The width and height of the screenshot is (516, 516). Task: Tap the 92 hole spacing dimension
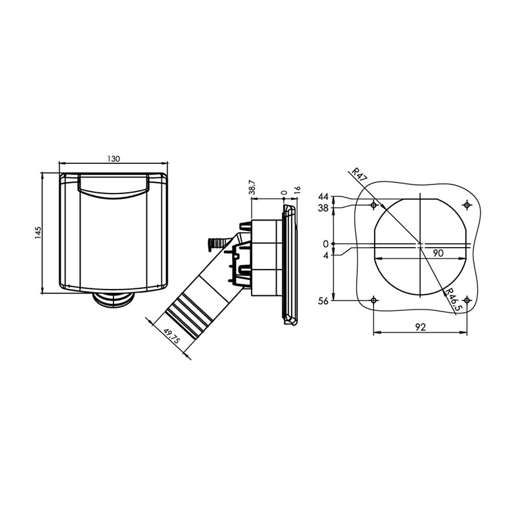pyautogui.click(x=420, y=327)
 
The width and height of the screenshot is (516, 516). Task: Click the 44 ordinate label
pyautogui.click(x=324, y=197)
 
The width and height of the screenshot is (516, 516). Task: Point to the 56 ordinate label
pyautogui.click(x=324, y=301)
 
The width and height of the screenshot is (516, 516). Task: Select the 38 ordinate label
pyautogui.click(x=324, y=208)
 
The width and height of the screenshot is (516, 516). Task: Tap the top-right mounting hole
pyautogui.click(x=467, y=205)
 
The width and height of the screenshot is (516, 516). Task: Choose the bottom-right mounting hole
pyautogui.click(x=467, y=301)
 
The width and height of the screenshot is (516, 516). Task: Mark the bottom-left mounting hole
pyautogui.click(x=375, y=301)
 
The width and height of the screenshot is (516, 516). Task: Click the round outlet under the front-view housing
pyautogui.click(x=114, y=298)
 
